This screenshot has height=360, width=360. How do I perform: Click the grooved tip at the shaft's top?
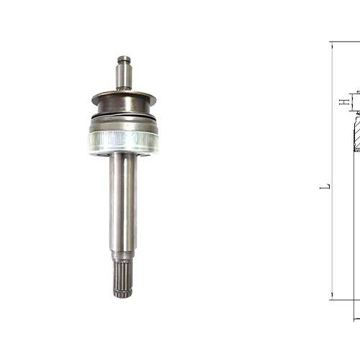tap(124, 60)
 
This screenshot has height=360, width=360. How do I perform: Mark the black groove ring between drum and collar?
tap(123, 117)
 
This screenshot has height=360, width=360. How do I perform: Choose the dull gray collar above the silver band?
tap(123, 124)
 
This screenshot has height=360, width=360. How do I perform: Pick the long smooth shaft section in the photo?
tap(123, 202)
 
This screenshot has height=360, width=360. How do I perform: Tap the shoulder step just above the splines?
tap(123, 256)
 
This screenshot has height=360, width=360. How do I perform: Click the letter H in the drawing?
tap(343, 102)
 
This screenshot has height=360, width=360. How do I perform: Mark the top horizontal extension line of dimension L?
tap(346, 42)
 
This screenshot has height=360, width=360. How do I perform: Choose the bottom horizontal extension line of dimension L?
tap(346, 300)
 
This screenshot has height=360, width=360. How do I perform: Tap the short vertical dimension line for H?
tap(351, 102)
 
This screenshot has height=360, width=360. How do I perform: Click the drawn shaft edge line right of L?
tap(355, 216)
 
